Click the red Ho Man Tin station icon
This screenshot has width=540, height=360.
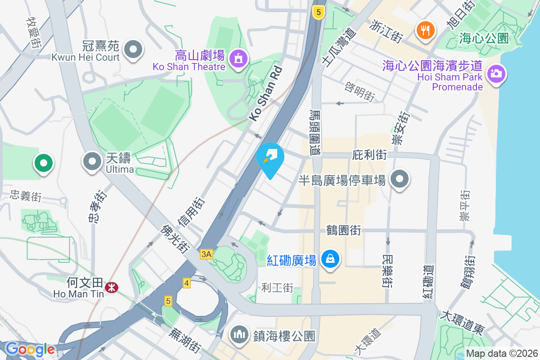click(109, 287)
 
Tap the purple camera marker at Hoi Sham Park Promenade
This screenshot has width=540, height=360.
click(496, 73)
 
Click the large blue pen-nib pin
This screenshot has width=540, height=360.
click(270, 158)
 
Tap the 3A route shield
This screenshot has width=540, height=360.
click(207, 255)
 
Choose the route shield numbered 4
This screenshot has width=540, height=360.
click(187, 283)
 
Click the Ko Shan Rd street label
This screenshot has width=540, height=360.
click(266, 94)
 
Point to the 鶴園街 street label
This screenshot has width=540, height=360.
click(343, 230)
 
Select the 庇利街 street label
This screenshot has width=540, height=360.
click(369, 155)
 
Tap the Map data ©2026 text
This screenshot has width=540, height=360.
click(501, 353)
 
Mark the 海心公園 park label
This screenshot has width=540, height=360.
click(484, 38)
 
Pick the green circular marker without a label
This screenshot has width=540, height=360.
click(44, 163)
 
